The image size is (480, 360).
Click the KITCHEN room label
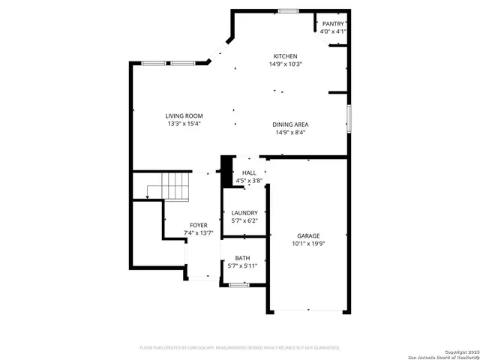tap(285, 56)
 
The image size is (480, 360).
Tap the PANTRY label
tap(332, 24)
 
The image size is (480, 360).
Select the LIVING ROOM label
tap(184, 115)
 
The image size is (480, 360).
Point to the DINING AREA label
tap(292, 124)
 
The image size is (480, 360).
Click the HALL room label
tap(249, 172)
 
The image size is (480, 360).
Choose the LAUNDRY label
tap(244, 213)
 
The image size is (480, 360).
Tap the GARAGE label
tap(308, 235)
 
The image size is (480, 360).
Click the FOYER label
tap(199, 225)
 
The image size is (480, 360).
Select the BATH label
tap(242, 258)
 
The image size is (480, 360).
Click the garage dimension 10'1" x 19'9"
tap(308, 243)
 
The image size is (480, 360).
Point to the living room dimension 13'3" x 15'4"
tap(184, 124)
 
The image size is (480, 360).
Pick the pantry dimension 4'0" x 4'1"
tap(332, 31)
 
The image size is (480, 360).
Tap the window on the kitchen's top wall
tap(286, 10)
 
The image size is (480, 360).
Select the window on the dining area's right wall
tap(349, 118)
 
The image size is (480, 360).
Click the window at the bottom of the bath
tap(238, 285)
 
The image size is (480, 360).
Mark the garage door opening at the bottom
tap(308, 311)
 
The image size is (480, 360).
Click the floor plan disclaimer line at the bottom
tap(240, 348)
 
